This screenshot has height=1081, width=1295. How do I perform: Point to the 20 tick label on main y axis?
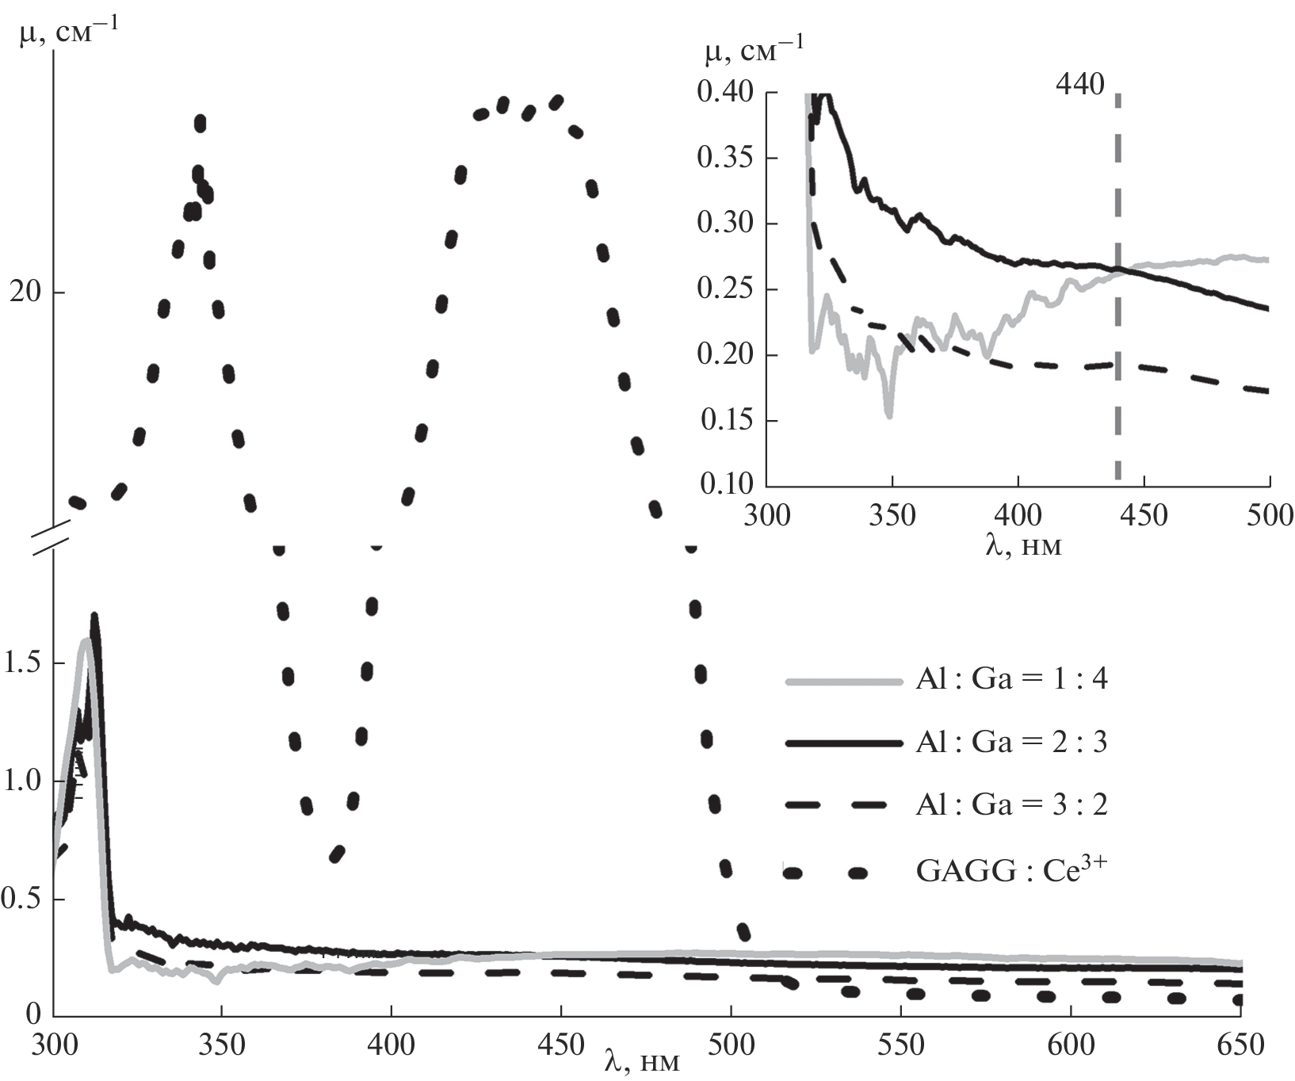click(25, 292)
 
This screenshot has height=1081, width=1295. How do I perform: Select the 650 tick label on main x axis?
click(1239, 1045)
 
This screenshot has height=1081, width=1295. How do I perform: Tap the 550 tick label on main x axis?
click(900, 1045)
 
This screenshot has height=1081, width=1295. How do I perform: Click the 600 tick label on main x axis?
click(1070, 1045)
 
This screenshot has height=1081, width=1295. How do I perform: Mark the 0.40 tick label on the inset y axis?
click(724, 93)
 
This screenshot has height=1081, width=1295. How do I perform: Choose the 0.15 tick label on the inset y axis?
click(724, 419)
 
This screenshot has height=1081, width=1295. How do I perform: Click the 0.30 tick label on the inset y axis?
click(724, 223)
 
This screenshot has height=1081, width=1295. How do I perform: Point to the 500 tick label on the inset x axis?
click(1269, 516)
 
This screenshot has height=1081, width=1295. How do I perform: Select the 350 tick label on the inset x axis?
click(892, 516)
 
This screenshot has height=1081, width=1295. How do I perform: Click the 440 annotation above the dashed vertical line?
click(1079, 85)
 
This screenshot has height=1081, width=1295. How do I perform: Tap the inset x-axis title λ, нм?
click(1022, 545)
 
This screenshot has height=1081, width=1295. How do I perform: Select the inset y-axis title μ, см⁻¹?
click(753, 54)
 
